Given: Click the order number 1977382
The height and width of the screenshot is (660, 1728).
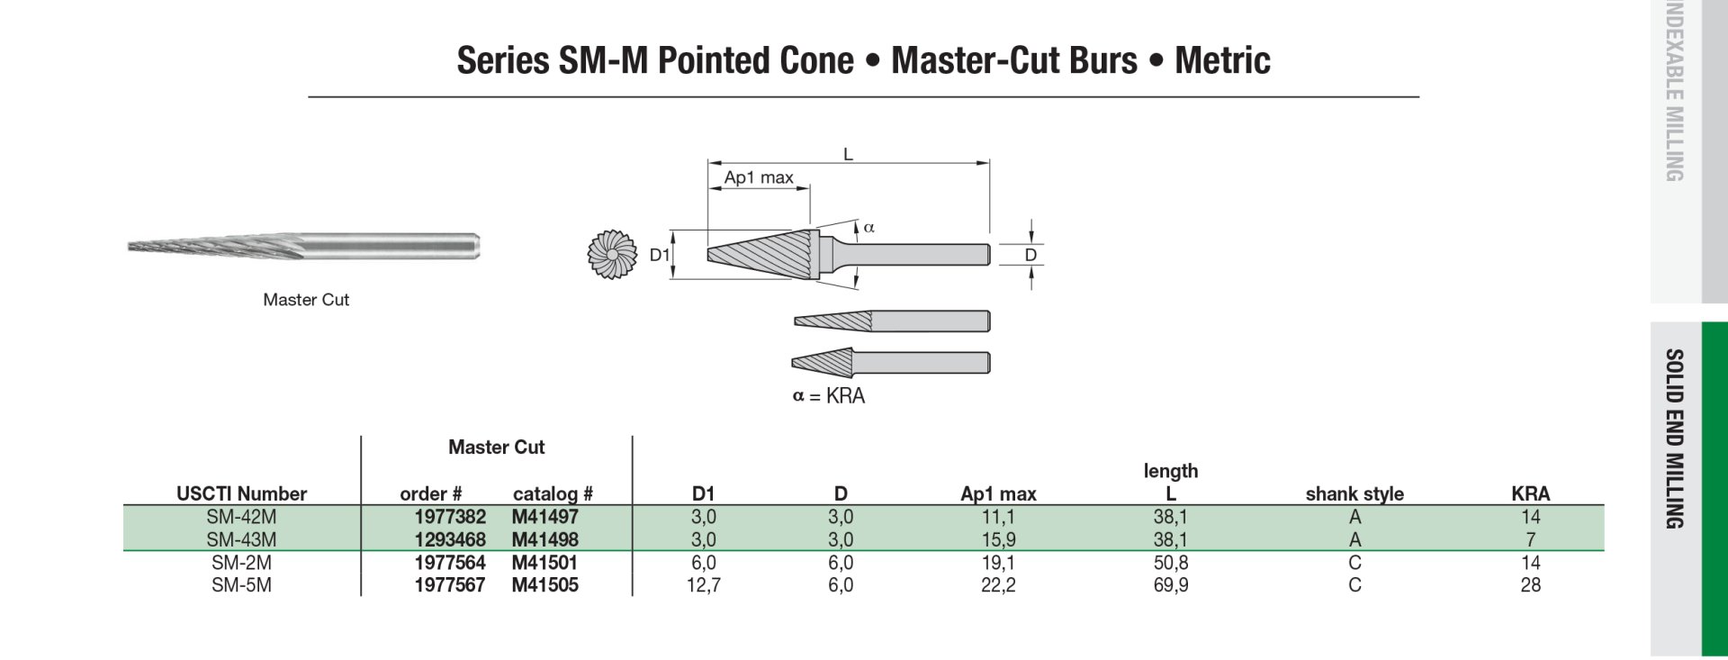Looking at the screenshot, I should coord(449,517).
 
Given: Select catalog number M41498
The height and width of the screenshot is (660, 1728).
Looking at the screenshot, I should coord(544,539).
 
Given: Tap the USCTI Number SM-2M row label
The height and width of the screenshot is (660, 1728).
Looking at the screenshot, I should coord(241,563).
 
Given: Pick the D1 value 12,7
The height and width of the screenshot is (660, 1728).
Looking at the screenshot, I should coord(703,585).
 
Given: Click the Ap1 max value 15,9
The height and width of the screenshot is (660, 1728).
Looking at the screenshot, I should coord(998,539).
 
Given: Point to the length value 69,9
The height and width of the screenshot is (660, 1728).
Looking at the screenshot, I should coord(1170,585).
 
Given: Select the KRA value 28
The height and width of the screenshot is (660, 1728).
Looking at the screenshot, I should coord(1530,585).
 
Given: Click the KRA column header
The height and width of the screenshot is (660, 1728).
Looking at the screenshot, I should coord(1530,493).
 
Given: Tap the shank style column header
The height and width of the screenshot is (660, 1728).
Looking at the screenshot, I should coord(1354,493).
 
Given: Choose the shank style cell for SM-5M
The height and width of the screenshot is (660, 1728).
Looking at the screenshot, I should coord(1354,585).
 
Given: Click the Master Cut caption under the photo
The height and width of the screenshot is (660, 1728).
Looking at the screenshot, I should coord(306,300).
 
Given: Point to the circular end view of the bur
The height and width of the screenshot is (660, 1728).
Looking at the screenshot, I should coord(612,255).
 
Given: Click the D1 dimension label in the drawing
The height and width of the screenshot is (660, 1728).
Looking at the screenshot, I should coord(659,255).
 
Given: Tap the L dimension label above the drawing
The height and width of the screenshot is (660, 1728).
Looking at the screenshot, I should coord(848,155).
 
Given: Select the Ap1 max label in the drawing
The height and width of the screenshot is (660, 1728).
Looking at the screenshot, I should coord(758,177).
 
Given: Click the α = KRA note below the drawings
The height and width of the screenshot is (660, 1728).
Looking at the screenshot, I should coord(828,396).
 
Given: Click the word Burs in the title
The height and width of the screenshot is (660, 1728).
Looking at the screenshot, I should coord(1103,60).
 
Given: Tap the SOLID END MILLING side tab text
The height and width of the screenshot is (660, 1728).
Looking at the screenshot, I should coord(1674,438).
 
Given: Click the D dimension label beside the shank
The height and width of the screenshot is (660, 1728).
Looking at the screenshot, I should coord(1030,255).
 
